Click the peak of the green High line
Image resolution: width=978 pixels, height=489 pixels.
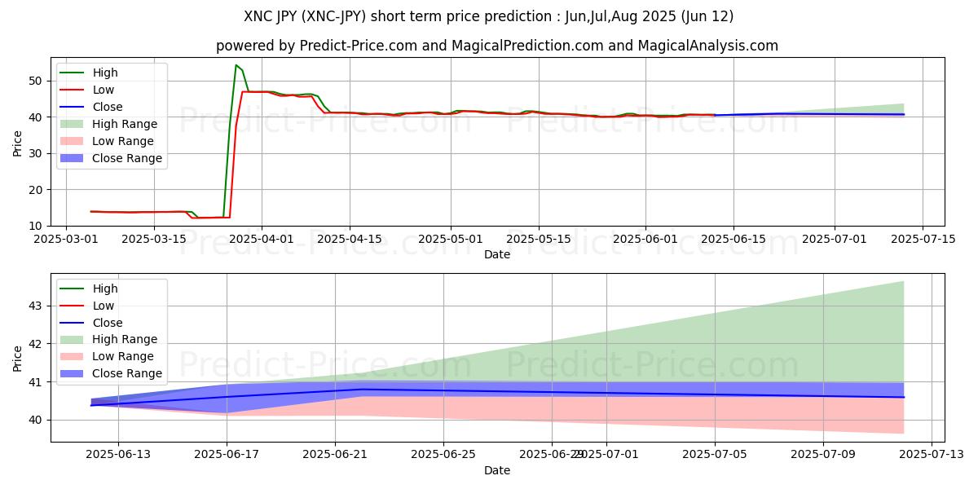[236, 65]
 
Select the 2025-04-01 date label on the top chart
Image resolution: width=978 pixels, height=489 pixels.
[262, 239]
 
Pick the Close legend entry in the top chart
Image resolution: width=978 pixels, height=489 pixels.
[107, 107]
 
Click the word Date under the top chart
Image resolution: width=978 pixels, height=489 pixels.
[497, 254]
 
